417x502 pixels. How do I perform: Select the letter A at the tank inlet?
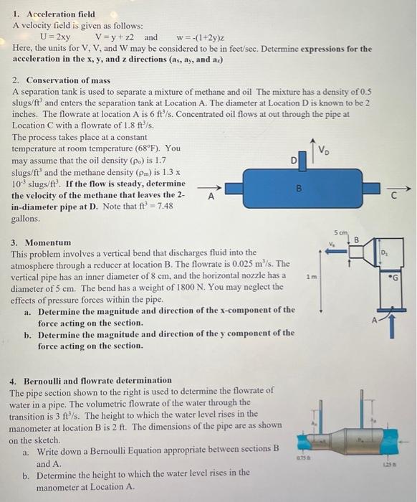pyautogui.click(x=211, y=195)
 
